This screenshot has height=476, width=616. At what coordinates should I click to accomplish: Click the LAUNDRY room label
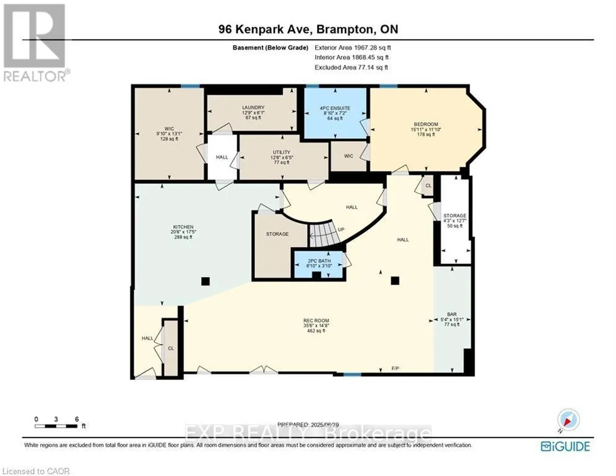[253, 107]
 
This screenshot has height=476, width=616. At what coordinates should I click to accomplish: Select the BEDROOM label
[425, 125]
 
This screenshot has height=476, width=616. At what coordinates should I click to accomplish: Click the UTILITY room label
[282, 152]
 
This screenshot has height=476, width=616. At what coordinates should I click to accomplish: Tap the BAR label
[451, 315]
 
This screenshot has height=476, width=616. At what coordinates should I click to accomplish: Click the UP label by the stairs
[340, 229]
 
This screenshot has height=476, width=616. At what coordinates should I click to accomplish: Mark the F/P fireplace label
[395, 369]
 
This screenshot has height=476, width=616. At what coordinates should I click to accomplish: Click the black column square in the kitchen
[205, 281]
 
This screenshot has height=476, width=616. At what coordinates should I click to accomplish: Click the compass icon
[566, 420]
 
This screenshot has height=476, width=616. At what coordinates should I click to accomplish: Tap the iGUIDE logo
[565, 446]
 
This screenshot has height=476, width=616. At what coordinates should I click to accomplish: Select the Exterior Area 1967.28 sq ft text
[354, 47]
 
